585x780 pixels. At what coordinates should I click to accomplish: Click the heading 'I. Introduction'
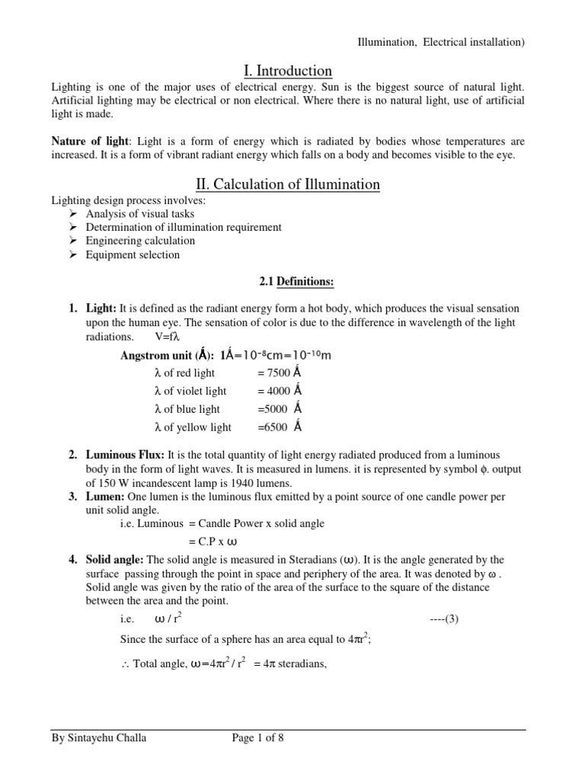288,71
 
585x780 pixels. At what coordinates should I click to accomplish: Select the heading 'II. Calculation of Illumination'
288,185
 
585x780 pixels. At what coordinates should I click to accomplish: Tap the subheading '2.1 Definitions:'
288,283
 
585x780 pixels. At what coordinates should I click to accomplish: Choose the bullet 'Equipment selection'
133,254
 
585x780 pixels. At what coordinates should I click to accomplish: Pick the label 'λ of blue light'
190,409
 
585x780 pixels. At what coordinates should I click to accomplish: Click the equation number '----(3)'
446,619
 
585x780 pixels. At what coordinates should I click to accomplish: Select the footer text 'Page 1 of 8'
260,738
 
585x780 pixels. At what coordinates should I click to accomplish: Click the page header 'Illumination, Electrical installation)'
441,43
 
